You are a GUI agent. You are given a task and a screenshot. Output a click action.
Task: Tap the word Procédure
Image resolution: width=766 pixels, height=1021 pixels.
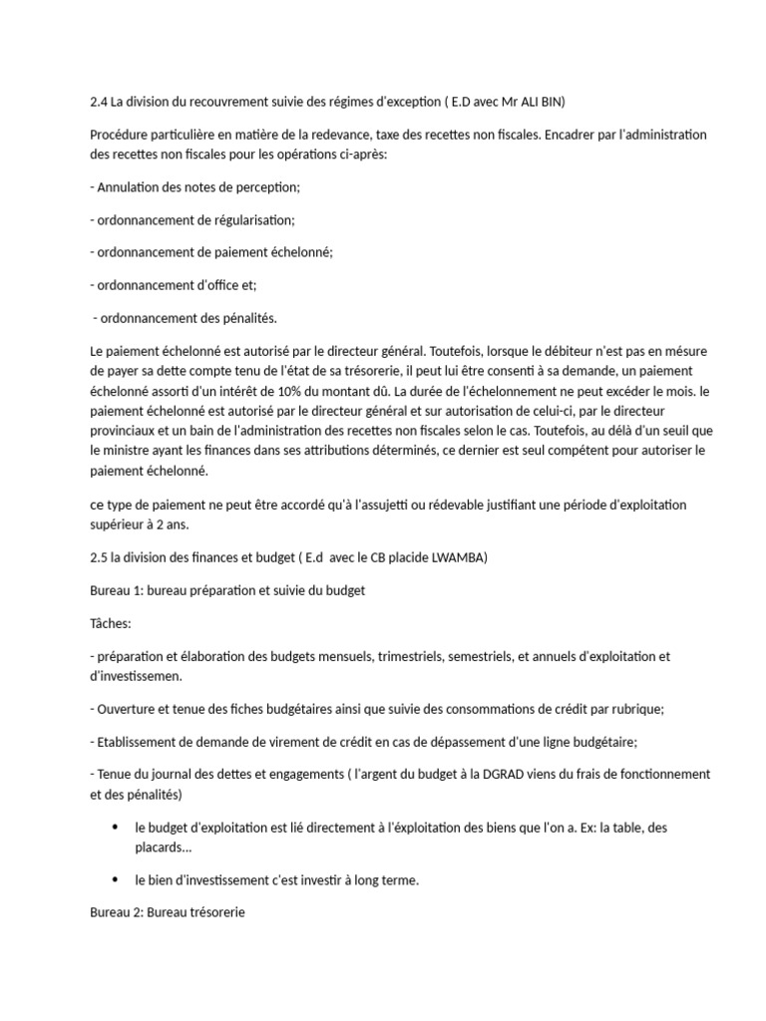coord(122,135)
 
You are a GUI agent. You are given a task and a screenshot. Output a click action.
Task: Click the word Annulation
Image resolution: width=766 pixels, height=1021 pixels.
coord(130,186)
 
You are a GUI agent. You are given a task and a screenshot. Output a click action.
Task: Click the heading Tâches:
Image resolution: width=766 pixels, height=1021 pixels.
coord(110,623)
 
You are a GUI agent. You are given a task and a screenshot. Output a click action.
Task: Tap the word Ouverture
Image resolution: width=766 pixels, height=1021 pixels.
coord(128,709)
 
